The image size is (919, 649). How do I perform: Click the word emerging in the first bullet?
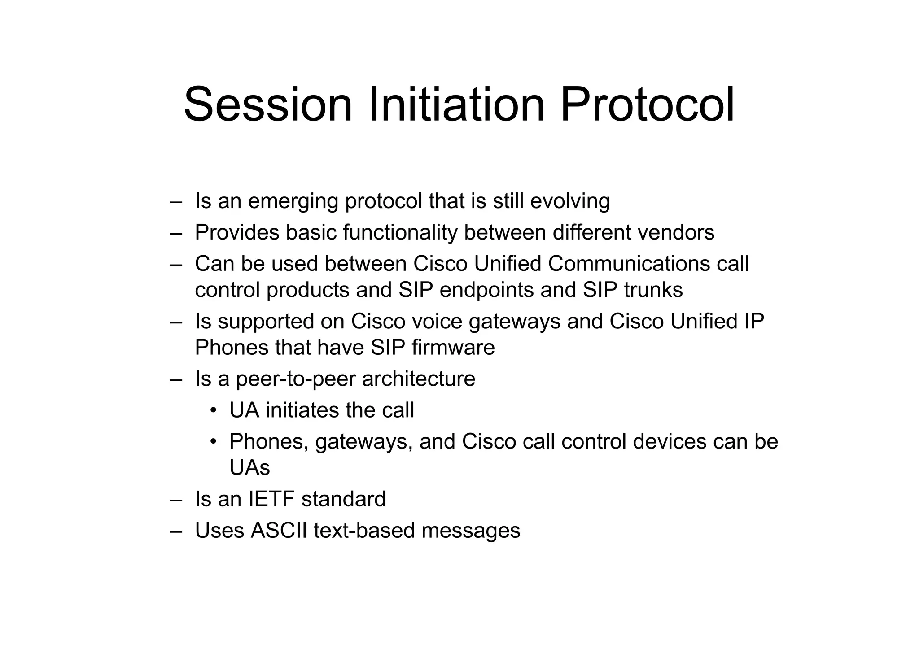(x=293, y=201)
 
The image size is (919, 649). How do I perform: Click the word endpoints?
(x=486, y=290)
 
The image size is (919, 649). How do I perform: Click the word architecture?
(x=418, y=379)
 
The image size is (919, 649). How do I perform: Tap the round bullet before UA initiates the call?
(x=214, y=410)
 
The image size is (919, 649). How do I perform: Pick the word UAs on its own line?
(x=249, y=468)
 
